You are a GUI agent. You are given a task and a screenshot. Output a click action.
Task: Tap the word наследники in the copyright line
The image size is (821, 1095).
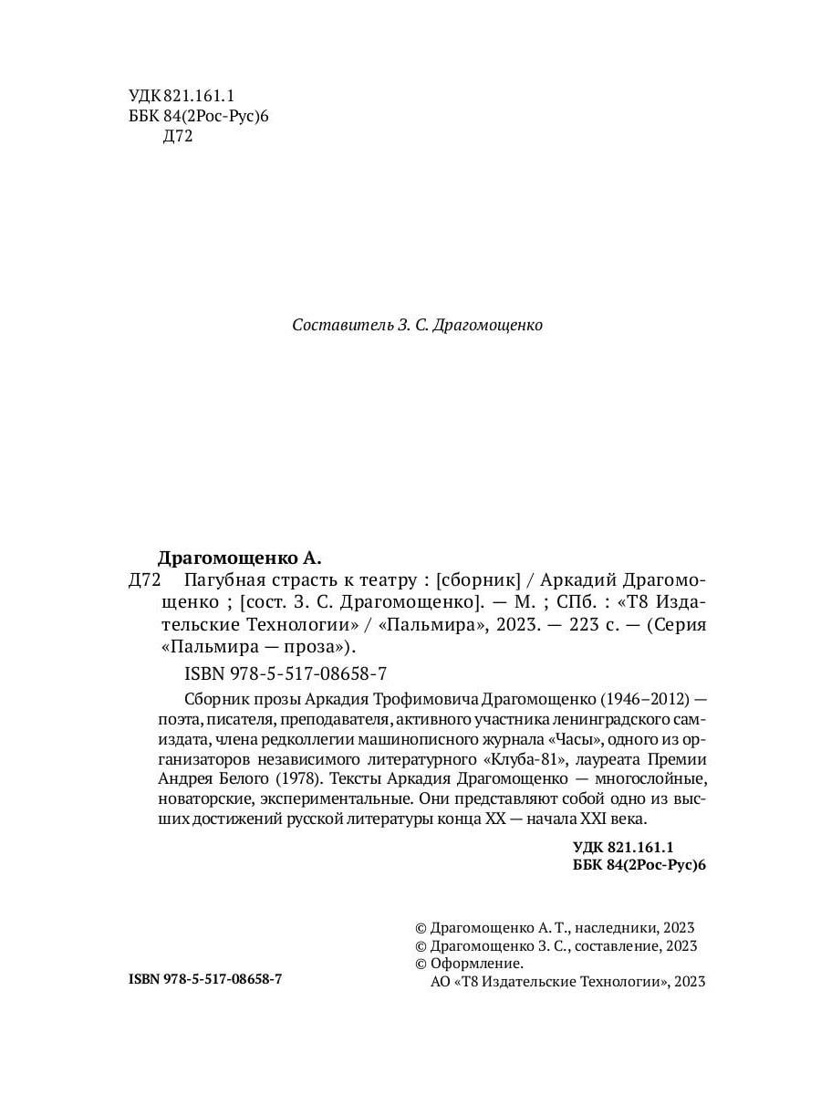[x=612, y=925]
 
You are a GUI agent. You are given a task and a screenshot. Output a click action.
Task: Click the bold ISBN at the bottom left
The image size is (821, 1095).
[x=205, y=977]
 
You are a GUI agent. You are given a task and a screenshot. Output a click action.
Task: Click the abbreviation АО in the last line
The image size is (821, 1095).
[x=439, y=982]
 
